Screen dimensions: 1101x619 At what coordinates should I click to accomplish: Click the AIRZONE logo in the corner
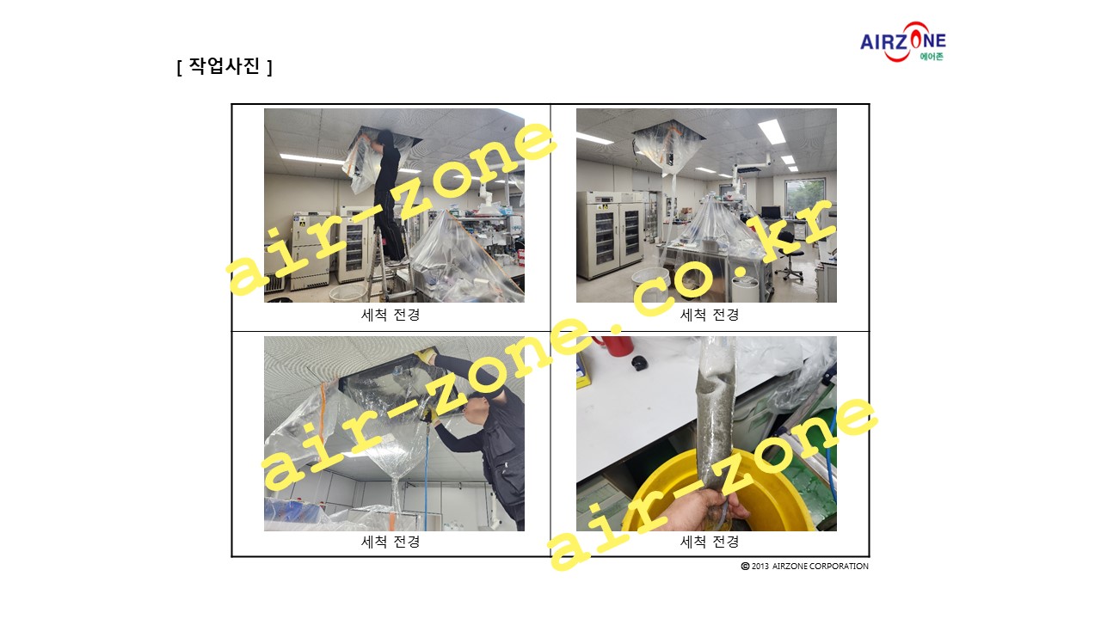[903, 42]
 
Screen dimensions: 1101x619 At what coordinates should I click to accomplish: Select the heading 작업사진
[225, 66]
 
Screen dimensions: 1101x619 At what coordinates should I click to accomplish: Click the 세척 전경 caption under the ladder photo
[391, 315]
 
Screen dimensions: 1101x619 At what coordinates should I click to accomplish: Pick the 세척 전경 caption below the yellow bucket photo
[710, 542]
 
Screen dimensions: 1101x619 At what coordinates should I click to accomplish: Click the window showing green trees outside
[805, 197]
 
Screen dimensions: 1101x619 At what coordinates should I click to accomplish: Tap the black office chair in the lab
[789, 255]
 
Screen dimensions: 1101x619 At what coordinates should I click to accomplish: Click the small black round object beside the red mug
[639, 363]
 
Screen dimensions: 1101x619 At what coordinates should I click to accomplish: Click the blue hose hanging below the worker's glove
[427, 476]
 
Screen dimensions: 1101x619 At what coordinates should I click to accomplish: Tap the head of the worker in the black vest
[477, 410]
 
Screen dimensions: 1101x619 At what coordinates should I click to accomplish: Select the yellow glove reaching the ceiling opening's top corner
[426, 355]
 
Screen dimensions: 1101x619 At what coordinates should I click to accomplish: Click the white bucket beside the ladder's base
[348, 293]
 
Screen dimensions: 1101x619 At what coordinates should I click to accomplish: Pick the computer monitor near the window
[770, 212]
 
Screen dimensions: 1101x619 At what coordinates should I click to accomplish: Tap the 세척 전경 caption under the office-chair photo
[710, 315]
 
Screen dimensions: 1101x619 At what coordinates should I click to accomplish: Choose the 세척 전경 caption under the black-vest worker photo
[391, 542]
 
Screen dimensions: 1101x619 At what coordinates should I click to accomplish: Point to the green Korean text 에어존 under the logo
[932, 57]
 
